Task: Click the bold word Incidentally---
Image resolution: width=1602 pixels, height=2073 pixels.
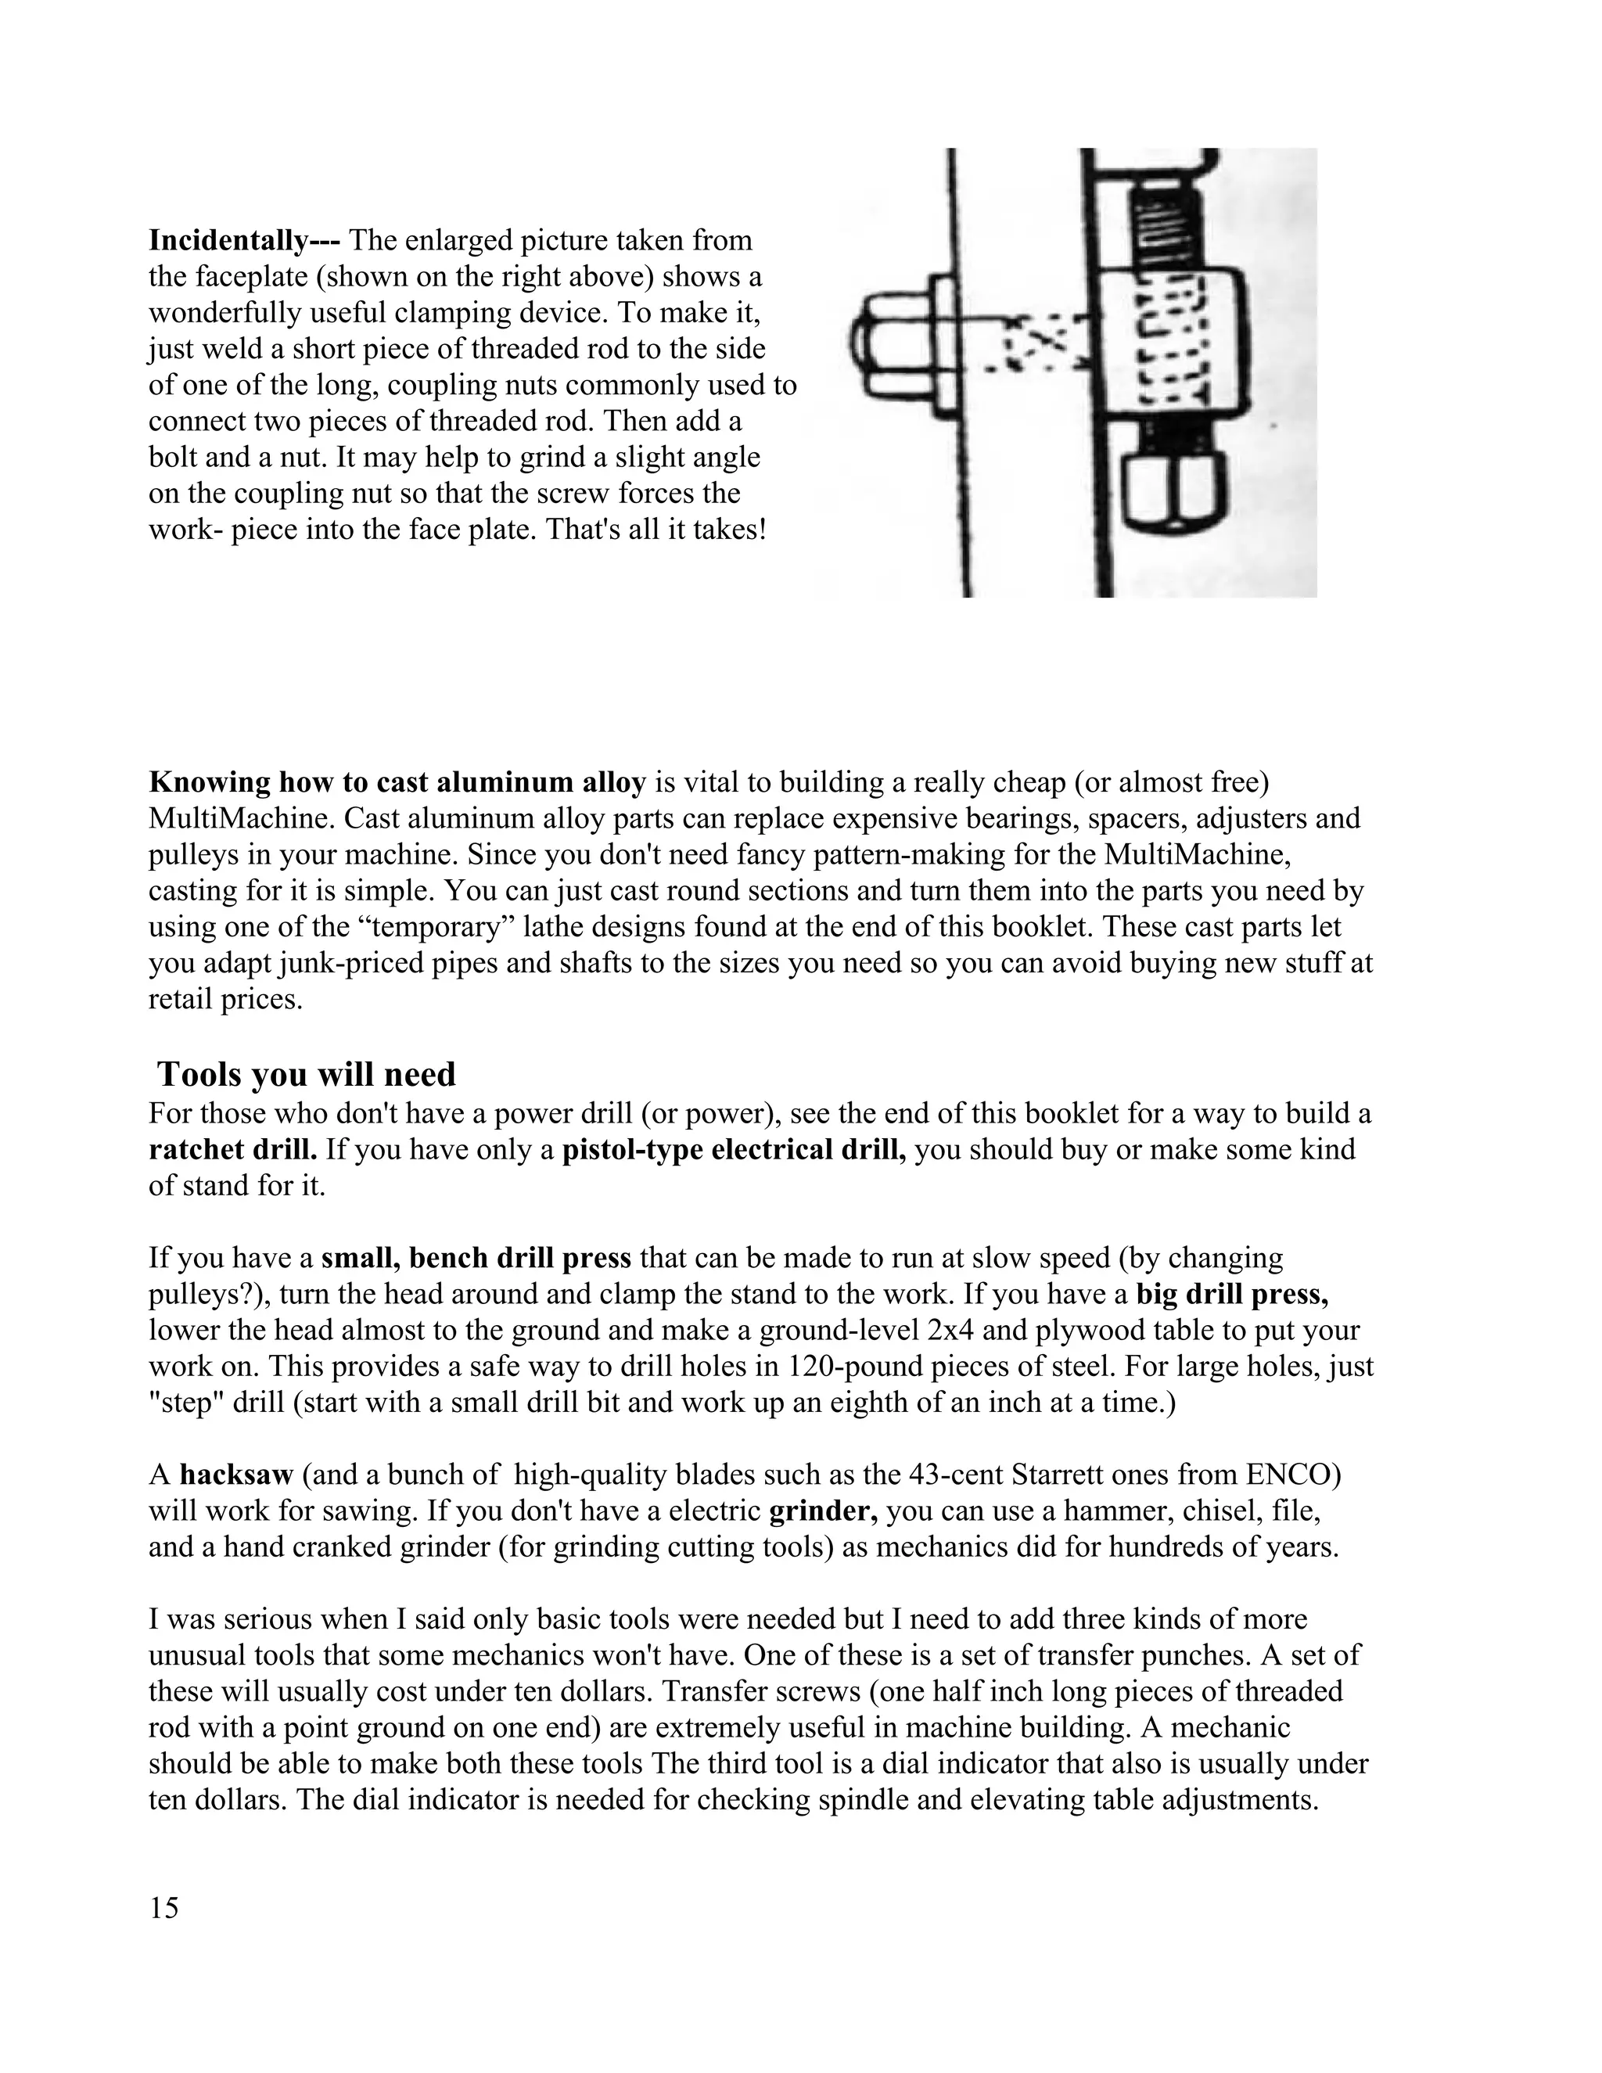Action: tap(244, 241)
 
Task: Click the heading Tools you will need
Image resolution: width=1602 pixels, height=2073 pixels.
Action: tap(306, 1073)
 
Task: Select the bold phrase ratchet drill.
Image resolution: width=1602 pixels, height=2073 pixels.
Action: tap(232, 1149)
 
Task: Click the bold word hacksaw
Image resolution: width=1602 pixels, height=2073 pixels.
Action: tap(236, 1475)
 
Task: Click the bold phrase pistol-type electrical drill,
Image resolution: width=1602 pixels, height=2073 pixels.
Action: tap(735, 1149)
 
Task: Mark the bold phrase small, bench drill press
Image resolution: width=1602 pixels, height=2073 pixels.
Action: tap(476, 1258)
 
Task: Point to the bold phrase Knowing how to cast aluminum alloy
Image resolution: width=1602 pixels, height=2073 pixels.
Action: tap(397, 782)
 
